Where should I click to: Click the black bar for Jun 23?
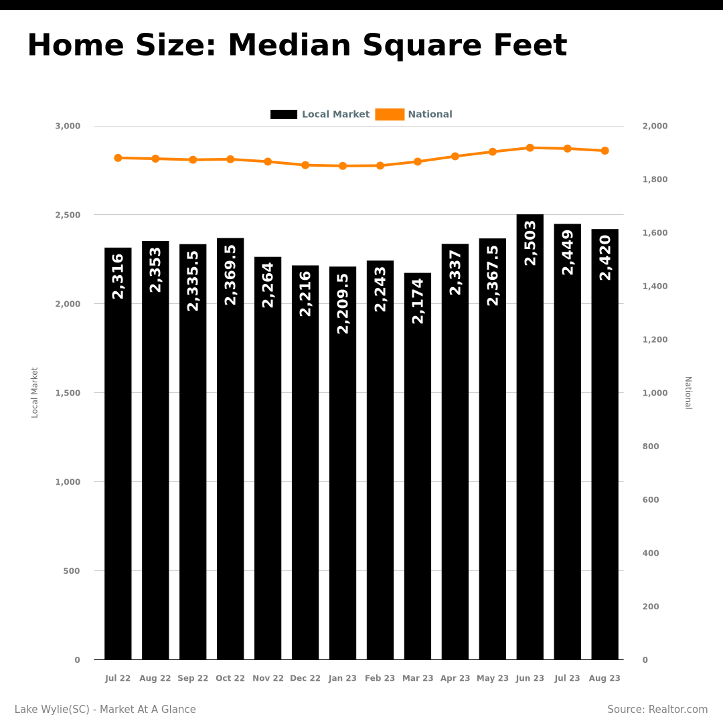530,436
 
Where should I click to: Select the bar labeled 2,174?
418,466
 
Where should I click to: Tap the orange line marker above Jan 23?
343,166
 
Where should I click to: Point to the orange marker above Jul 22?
118,158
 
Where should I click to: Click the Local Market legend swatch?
284,114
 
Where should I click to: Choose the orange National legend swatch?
390,114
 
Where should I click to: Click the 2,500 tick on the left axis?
68,215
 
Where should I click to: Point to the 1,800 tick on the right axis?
655,179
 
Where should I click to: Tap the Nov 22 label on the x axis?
268,678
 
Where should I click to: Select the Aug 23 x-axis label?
605,678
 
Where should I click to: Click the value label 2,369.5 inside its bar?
230,275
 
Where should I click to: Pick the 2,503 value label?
530,243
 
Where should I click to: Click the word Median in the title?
290,46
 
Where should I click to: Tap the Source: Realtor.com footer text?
657,709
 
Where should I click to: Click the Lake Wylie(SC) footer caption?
52,709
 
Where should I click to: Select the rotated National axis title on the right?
688,393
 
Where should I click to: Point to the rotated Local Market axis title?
35,393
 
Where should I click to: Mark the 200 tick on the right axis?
651,607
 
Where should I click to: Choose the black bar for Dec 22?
305,463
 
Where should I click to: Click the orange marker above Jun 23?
530,148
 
